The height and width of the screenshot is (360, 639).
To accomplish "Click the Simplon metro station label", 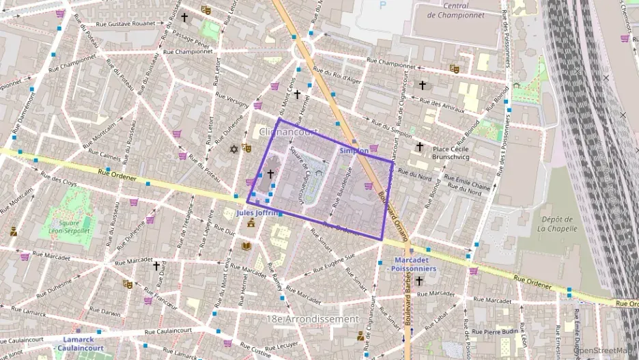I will (x=354, y=150).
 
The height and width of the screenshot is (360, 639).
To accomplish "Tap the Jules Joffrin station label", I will (x=257, y=212).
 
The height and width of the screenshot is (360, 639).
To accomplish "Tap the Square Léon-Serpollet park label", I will (x=69, y=227).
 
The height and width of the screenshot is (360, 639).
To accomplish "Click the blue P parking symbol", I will (x=382, y=4).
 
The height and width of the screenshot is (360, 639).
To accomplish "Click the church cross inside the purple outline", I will (x=270, y=174).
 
